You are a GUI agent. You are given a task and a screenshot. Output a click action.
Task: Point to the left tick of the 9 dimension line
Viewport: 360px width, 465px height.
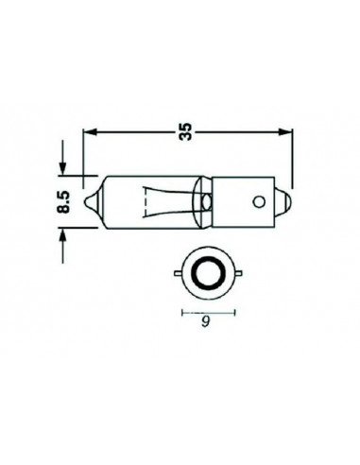[x=180, y=311]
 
